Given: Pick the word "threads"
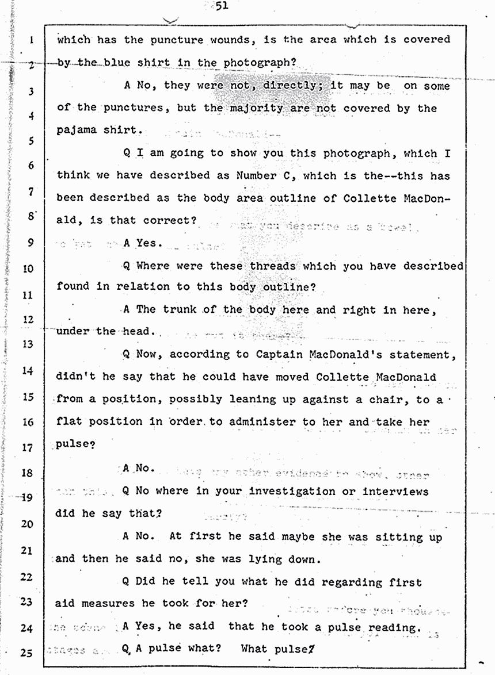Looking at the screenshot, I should [x=272, y=266].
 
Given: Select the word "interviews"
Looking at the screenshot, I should [x=395, y=491].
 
